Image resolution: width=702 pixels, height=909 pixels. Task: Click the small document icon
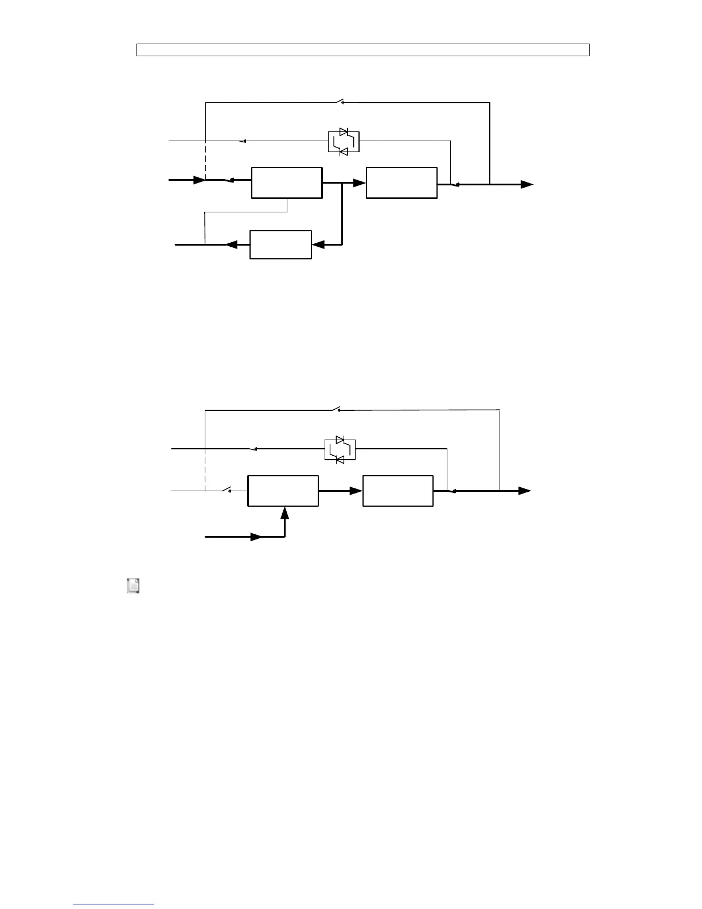133,586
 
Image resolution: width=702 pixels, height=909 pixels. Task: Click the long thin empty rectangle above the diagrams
362,50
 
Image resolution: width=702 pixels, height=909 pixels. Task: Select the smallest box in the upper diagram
280,245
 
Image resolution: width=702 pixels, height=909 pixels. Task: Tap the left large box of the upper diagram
287,183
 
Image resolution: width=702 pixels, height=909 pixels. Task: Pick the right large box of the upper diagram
401,183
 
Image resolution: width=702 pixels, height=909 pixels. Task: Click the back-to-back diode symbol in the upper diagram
344,142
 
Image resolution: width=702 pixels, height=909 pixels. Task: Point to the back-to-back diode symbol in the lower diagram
340,449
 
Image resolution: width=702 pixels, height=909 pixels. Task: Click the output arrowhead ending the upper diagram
527,184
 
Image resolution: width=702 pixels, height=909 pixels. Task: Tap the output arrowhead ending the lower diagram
525,491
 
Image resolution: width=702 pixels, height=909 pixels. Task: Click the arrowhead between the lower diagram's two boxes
356,491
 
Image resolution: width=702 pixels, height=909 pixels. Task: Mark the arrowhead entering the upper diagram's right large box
359,183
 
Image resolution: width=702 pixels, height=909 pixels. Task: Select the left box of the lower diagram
283,491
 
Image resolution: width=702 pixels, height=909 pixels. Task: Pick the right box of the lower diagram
398,491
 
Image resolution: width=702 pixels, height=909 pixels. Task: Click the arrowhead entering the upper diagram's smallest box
318,245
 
